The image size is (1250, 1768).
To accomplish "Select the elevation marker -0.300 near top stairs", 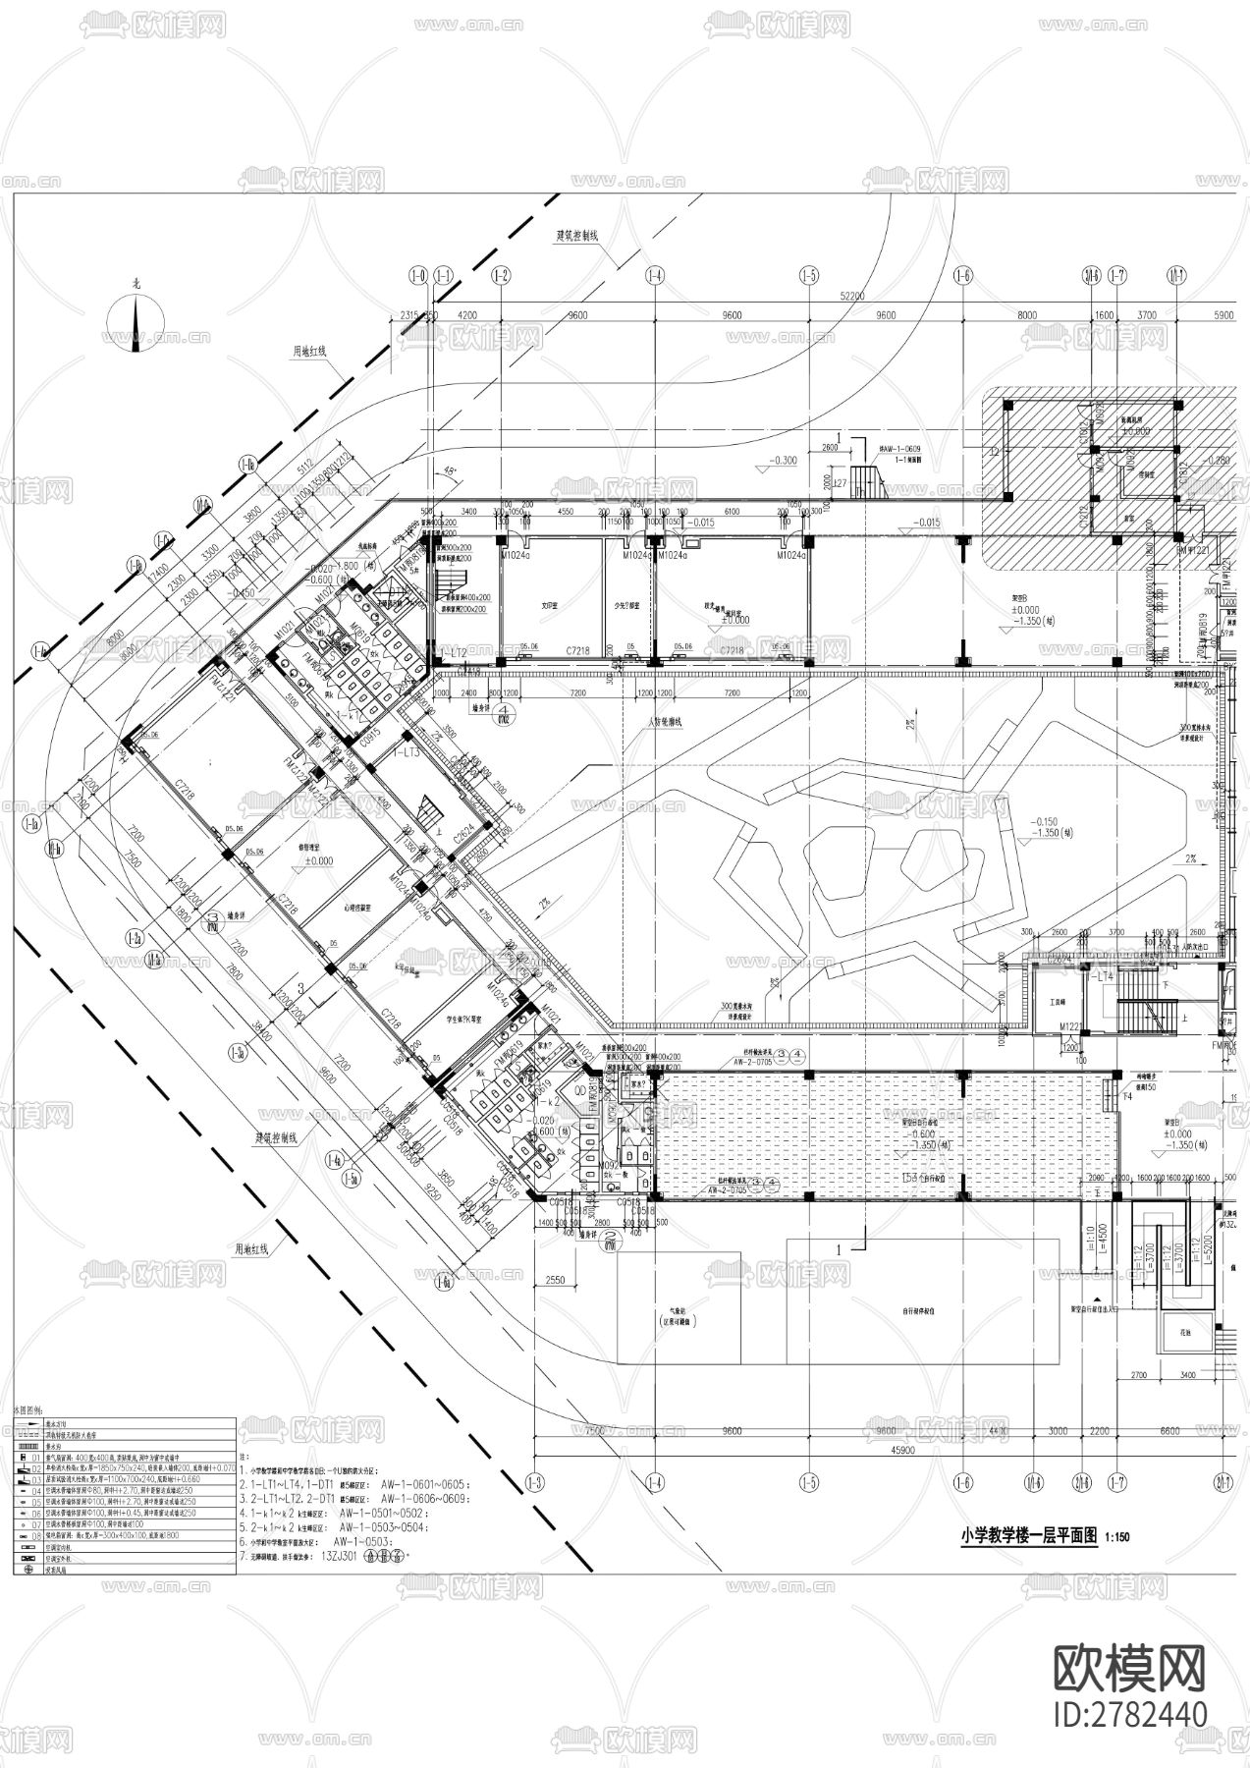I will click(x=782, y=460).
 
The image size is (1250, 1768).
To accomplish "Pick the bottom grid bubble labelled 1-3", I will click(x=536, y=1481).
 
